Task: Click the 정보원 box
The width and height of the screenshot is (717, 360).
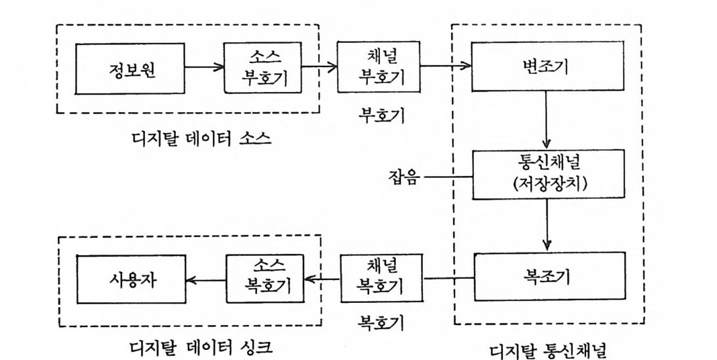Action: tap(130, 69)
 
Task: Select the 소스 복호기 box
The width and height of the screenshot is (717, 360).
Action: tap(265, 278)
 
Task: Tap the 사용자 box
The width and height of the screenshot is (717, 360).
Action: tap(130, 279)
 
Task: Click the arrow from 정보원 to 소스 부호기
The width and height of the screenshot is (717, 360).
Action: tap(204, 68)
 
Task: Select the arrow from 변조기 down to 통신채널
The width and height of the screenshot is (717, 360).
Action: tap(548, 120)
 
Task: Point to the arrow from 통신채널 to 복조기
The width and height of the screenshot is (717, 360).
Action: tap(548, 225)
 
